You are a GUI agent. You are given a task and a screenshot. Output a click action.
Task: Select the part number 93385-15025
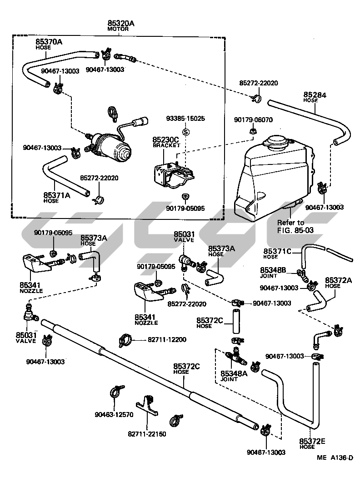coord(185,119)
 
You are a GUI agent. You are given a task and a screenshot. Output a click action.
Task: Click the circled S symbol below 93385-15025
coord(185,131)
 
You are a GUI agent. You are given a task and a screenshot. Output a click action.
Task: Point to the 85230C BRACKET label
coord(165,141)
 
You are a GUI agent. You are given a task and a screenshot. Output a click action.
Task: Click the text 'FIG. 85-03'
coord(295,230)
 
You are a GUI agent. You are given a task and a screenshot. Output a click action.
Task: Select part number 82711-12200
coord(166,339)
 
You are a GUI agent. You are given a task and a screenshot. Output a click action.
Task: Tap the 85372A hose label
coord(339,280)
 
